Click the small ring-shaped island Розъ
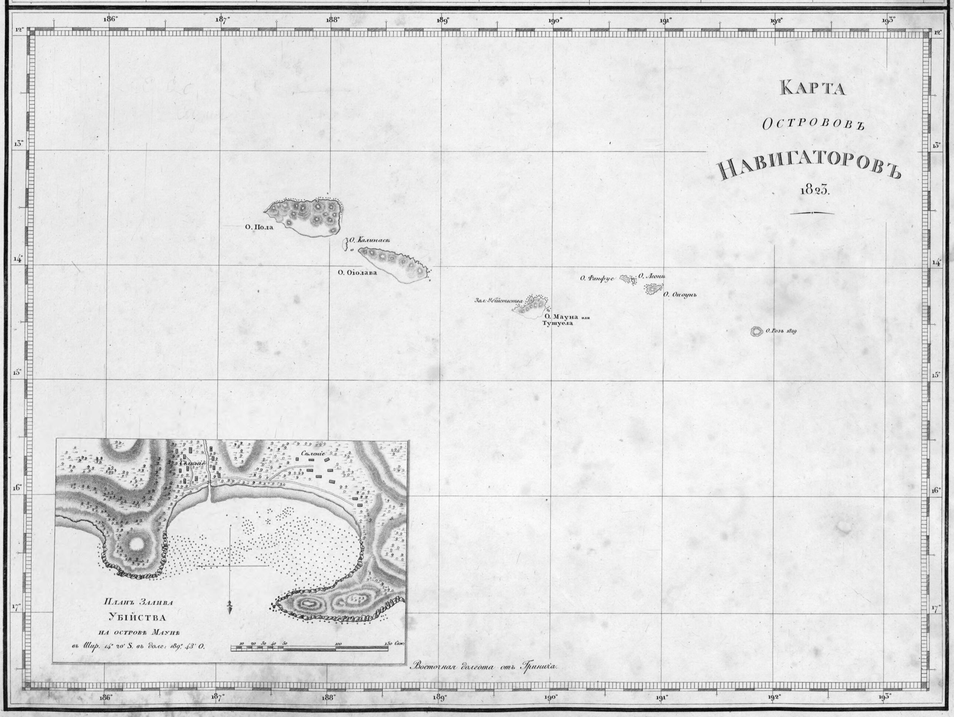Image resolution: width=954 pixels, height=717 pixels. (x=755, y=331)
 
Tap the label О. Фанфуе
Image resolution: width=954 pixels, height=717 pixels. (x=597, y=279)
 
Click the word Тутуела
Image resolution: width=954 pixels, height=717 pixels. (x=558, y=323)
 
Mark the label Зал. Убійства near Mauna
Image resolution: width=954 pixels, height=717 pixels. (x=498, y=300)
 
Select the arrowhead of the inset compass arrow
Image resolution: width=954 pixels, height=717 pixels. (x=229, y=608)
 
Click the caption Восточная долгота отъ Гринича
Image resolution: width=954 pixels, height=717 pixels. (x=485, y=666)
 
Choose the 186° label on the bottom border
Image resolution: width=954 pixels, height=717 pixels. (x=106, y=697)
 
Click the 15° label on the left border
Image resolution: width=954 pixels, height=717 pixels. (x=17, y=373)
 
